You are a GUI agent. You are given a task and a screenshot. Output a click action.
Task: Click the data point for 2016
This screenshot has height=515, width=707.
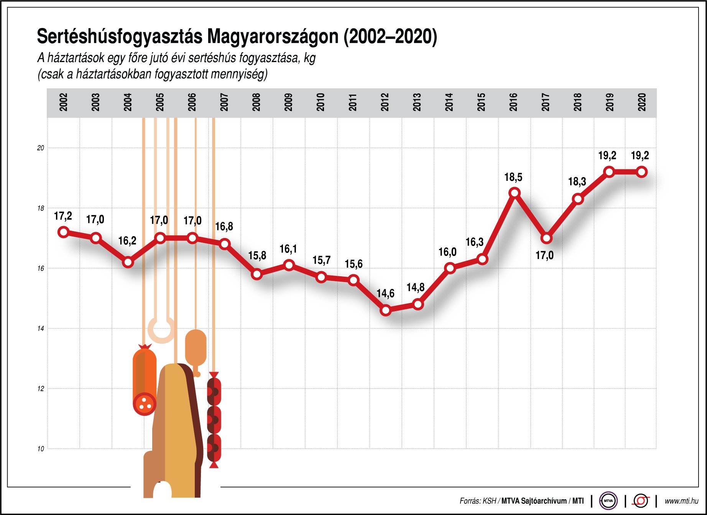pos(515,193)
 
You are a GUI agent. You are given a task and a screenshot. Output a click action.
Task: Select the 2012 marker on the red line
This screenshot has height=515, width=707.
pos(386,310)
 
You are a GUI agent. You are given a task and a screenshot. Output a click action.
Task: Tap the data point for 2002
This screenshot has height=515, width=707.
pos(64,232)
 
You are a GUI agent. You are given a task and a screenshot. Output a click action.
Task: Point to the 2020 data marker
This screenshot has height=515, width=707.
pos(642,172)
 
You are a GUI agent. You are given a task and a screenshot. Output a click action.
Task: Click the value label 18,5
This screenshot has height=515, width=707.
pos(513,177)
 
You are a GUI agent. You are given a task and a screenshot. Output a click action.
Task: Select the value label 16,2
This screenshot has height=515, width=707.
pos(127,241)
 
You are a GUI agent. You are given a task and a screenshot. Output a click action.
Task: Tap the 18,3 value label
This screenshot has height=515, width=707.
pos(577,182)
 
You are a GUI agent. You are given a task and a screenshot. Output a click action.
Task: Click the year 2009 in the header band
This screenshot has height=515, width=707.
pos(289,102)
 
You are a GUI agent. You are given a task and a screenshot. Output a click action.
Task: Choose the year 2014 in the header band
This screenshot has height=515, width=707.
pos(449,102)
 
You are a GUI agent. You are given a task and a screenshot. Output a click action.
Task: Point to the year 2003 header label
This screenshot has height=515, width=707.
pos(96,102)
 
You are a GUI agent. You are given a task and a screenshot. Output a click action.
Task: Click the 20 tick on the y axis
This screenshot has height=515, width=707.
pos(41,148)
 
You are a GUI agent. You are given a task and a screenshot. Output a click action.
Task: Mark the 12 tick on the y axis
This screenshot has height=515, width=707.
pos(41,389)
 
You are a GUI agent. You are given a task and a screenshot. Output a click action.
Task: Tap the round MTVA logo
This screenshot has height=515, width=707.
pos(608,500)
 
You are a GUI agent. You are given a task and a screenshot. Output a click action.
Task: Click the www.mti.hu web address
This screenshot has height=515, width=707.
pos(681,501)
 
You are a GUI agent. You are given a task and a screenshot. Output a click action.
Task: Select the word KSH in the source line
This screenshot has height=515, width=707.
pos(489,501)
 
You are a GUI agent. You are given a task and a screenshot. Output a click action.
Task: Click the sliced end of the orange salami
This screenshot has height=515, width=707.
pos(145,404)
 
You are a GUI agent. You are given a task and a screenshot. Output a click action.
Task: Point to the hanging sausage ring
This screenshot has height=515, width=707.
pos(162,330)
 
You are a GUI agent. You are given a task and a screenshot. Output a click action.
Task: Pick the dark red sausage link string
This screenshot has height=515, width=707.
pos(214,420)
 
